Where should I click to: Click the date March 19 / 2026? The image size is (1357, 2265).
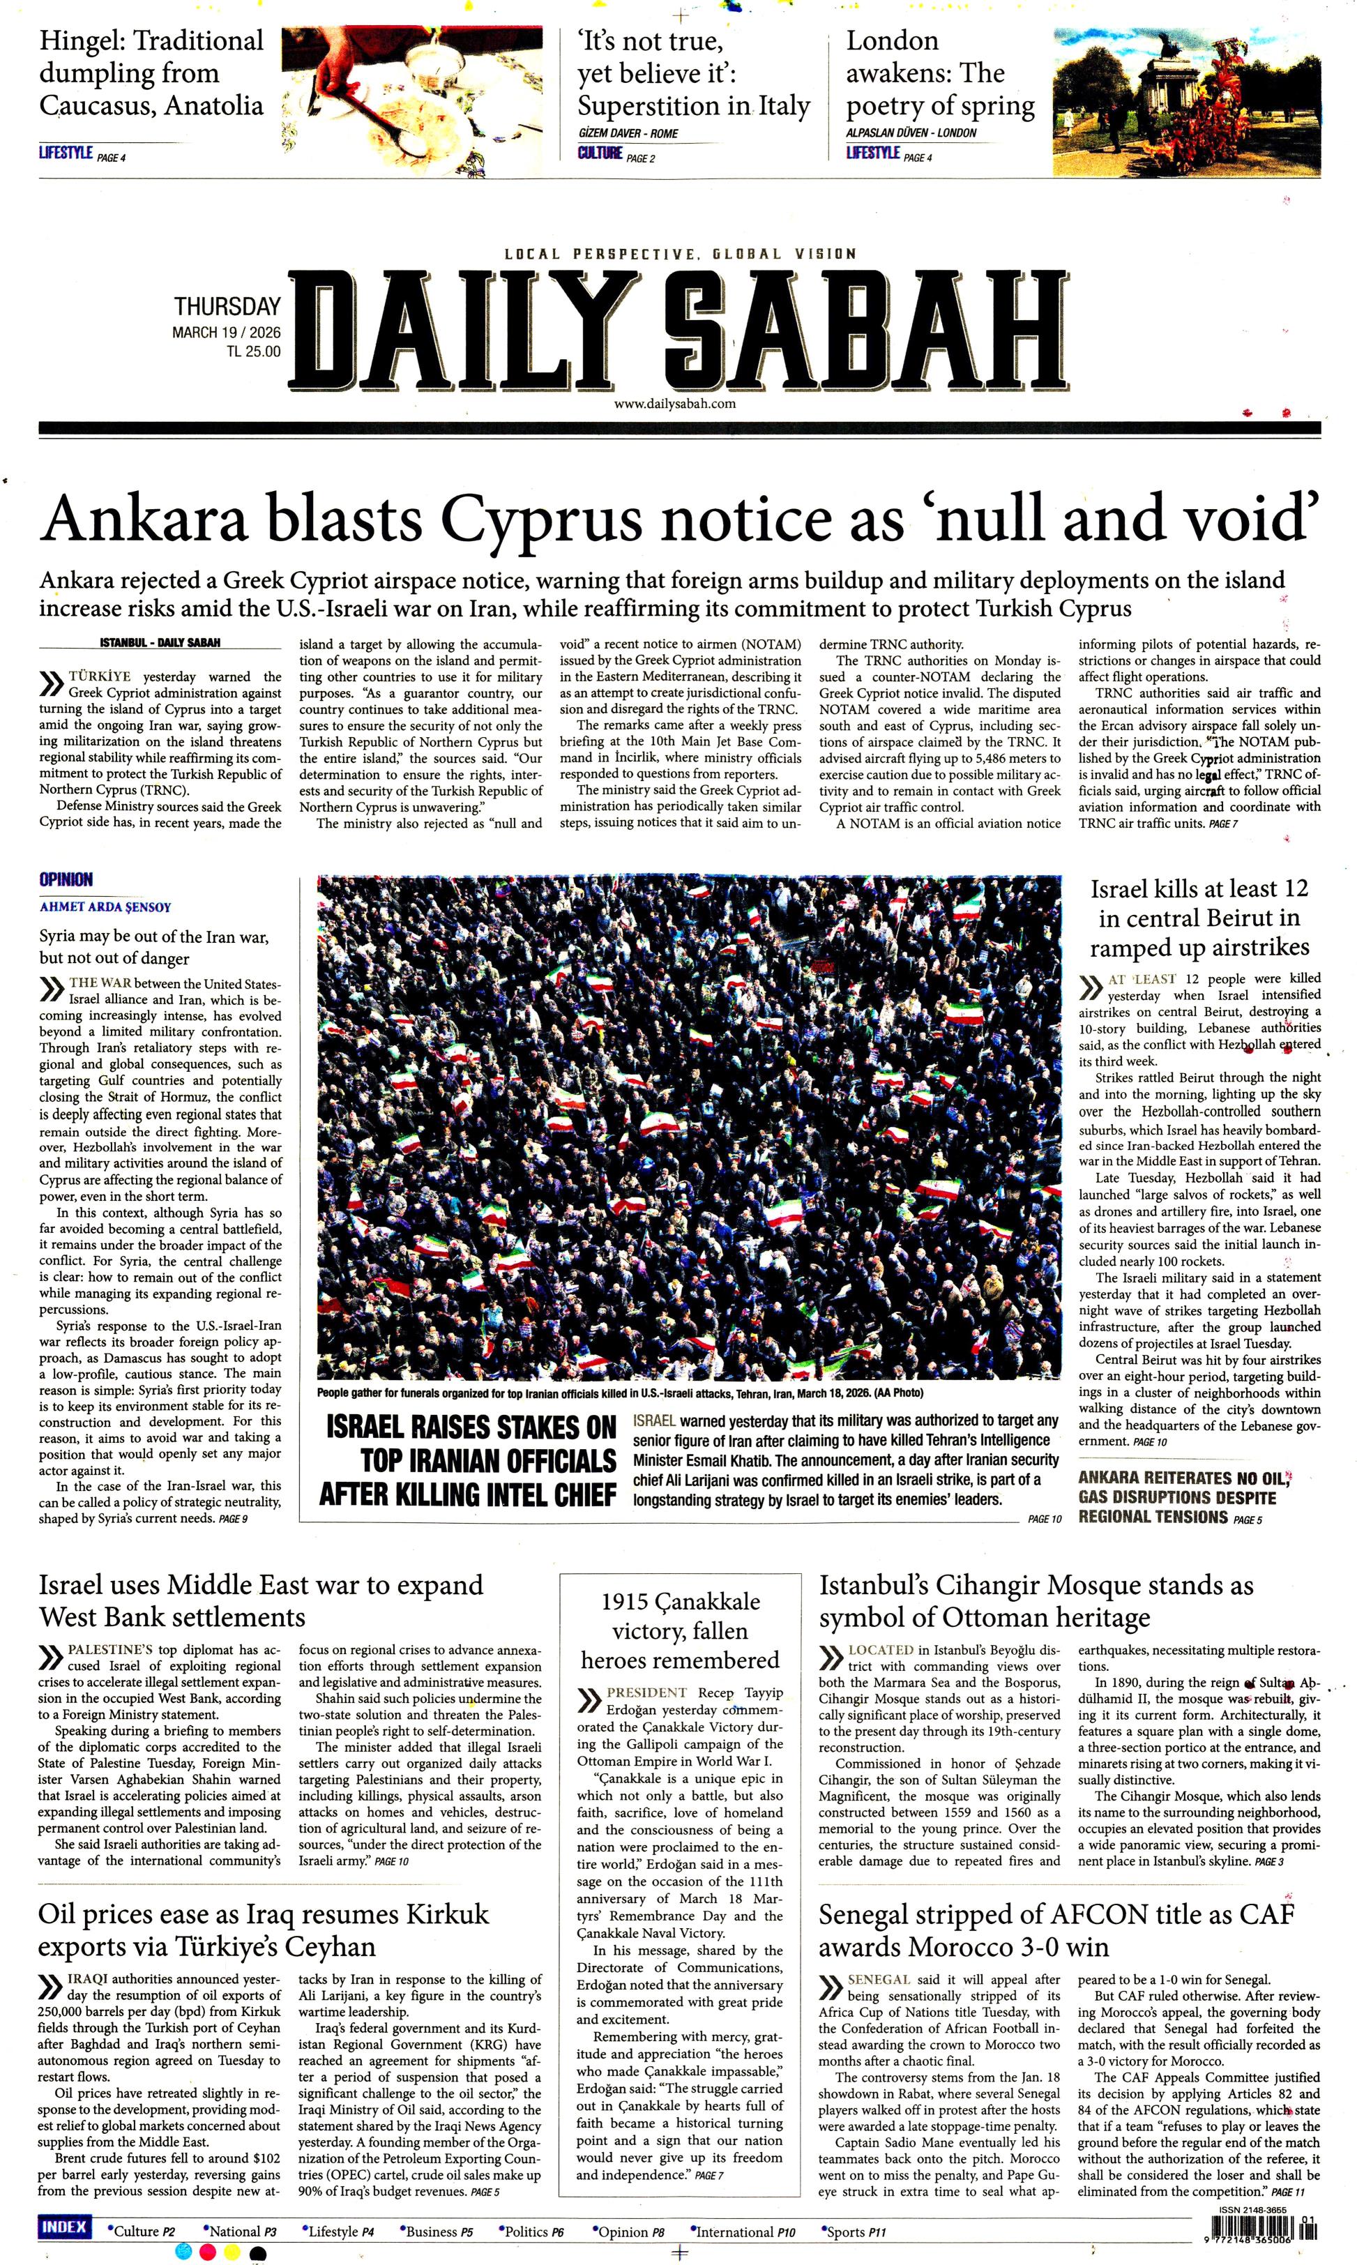coord(226,333)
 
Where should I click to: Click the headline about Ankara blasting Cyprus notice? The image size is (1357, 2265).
coord(679,518)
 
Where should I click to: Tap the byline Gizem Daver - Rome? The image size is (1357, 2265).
coord(628,132)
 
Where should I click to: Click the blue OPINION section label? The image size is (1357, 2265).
coord(66,879)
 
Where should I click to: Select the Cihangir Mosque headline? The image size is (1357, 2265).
coord(1035,1601)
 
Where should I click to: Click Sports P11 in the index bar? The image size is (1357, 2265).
coord(855,2232)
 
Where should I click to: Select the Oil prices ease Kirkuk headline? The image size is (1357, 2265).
coord(264,1930)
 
